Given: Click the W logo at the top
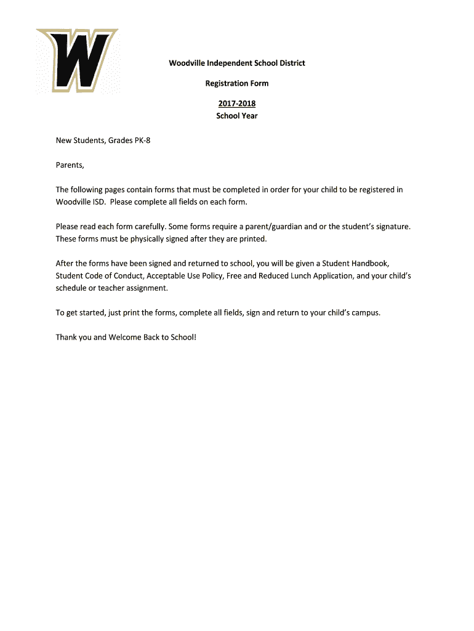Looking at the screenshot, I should (77, 61).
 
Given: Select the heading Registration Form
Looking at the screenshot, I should (237, 83).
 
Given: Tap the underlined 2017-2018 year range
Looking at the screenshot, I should (237, 104).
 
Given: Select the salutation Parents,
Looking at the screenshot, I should (70, 165).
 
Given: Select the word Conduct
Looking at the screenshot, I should (128, 276).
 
